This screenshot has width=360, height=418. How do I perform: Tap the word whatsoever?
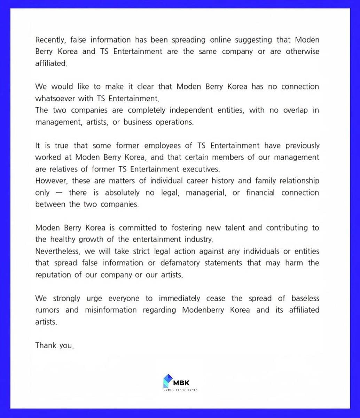coord(54,98)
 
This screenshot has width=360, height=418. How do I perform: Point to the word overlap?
coord(292,110)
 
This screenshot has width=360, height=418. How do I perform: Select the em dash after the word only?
coord(59,193)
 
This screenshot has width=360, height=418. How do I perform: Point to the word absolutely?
coord(122,193)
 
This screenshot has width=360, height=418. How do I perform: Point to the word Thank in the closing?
coord(45,345)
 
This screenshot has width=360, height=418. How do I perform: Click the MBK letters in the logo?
coord(181,382)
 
